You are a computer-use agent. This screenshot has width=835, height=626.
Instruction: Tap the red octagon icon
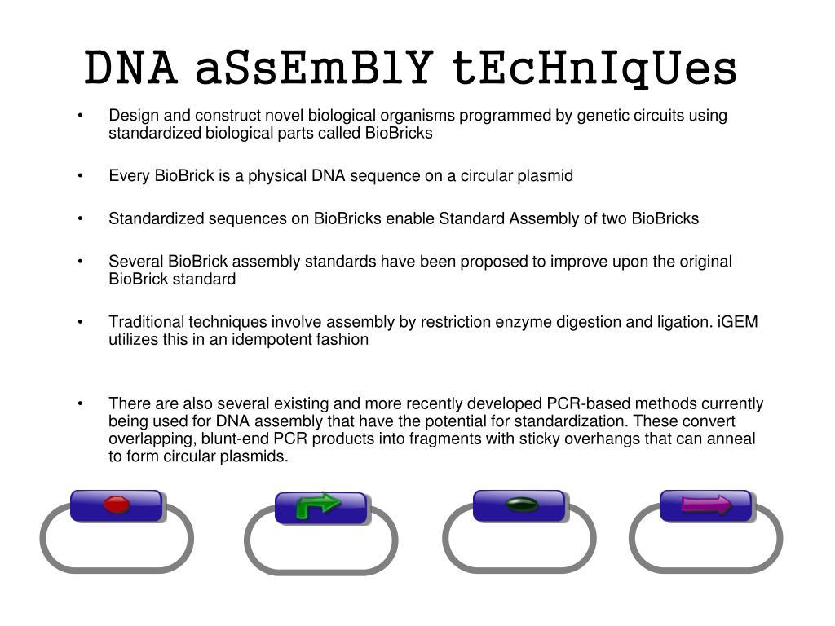point(117,505)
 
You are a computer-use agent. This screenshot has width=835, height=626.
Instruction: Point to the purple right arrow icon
point(706,505)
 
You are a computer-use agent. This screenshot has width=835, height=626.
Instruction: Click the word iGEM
point(737,322)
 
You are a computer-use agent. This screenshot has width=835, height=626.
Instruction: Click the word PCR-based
point(588,403)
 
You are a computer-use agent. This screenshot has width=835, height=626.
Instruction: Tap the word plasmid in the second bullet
point(546,175)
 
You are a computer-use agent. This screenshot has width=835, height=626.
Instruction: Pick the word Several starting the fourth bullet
point(136,262)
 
